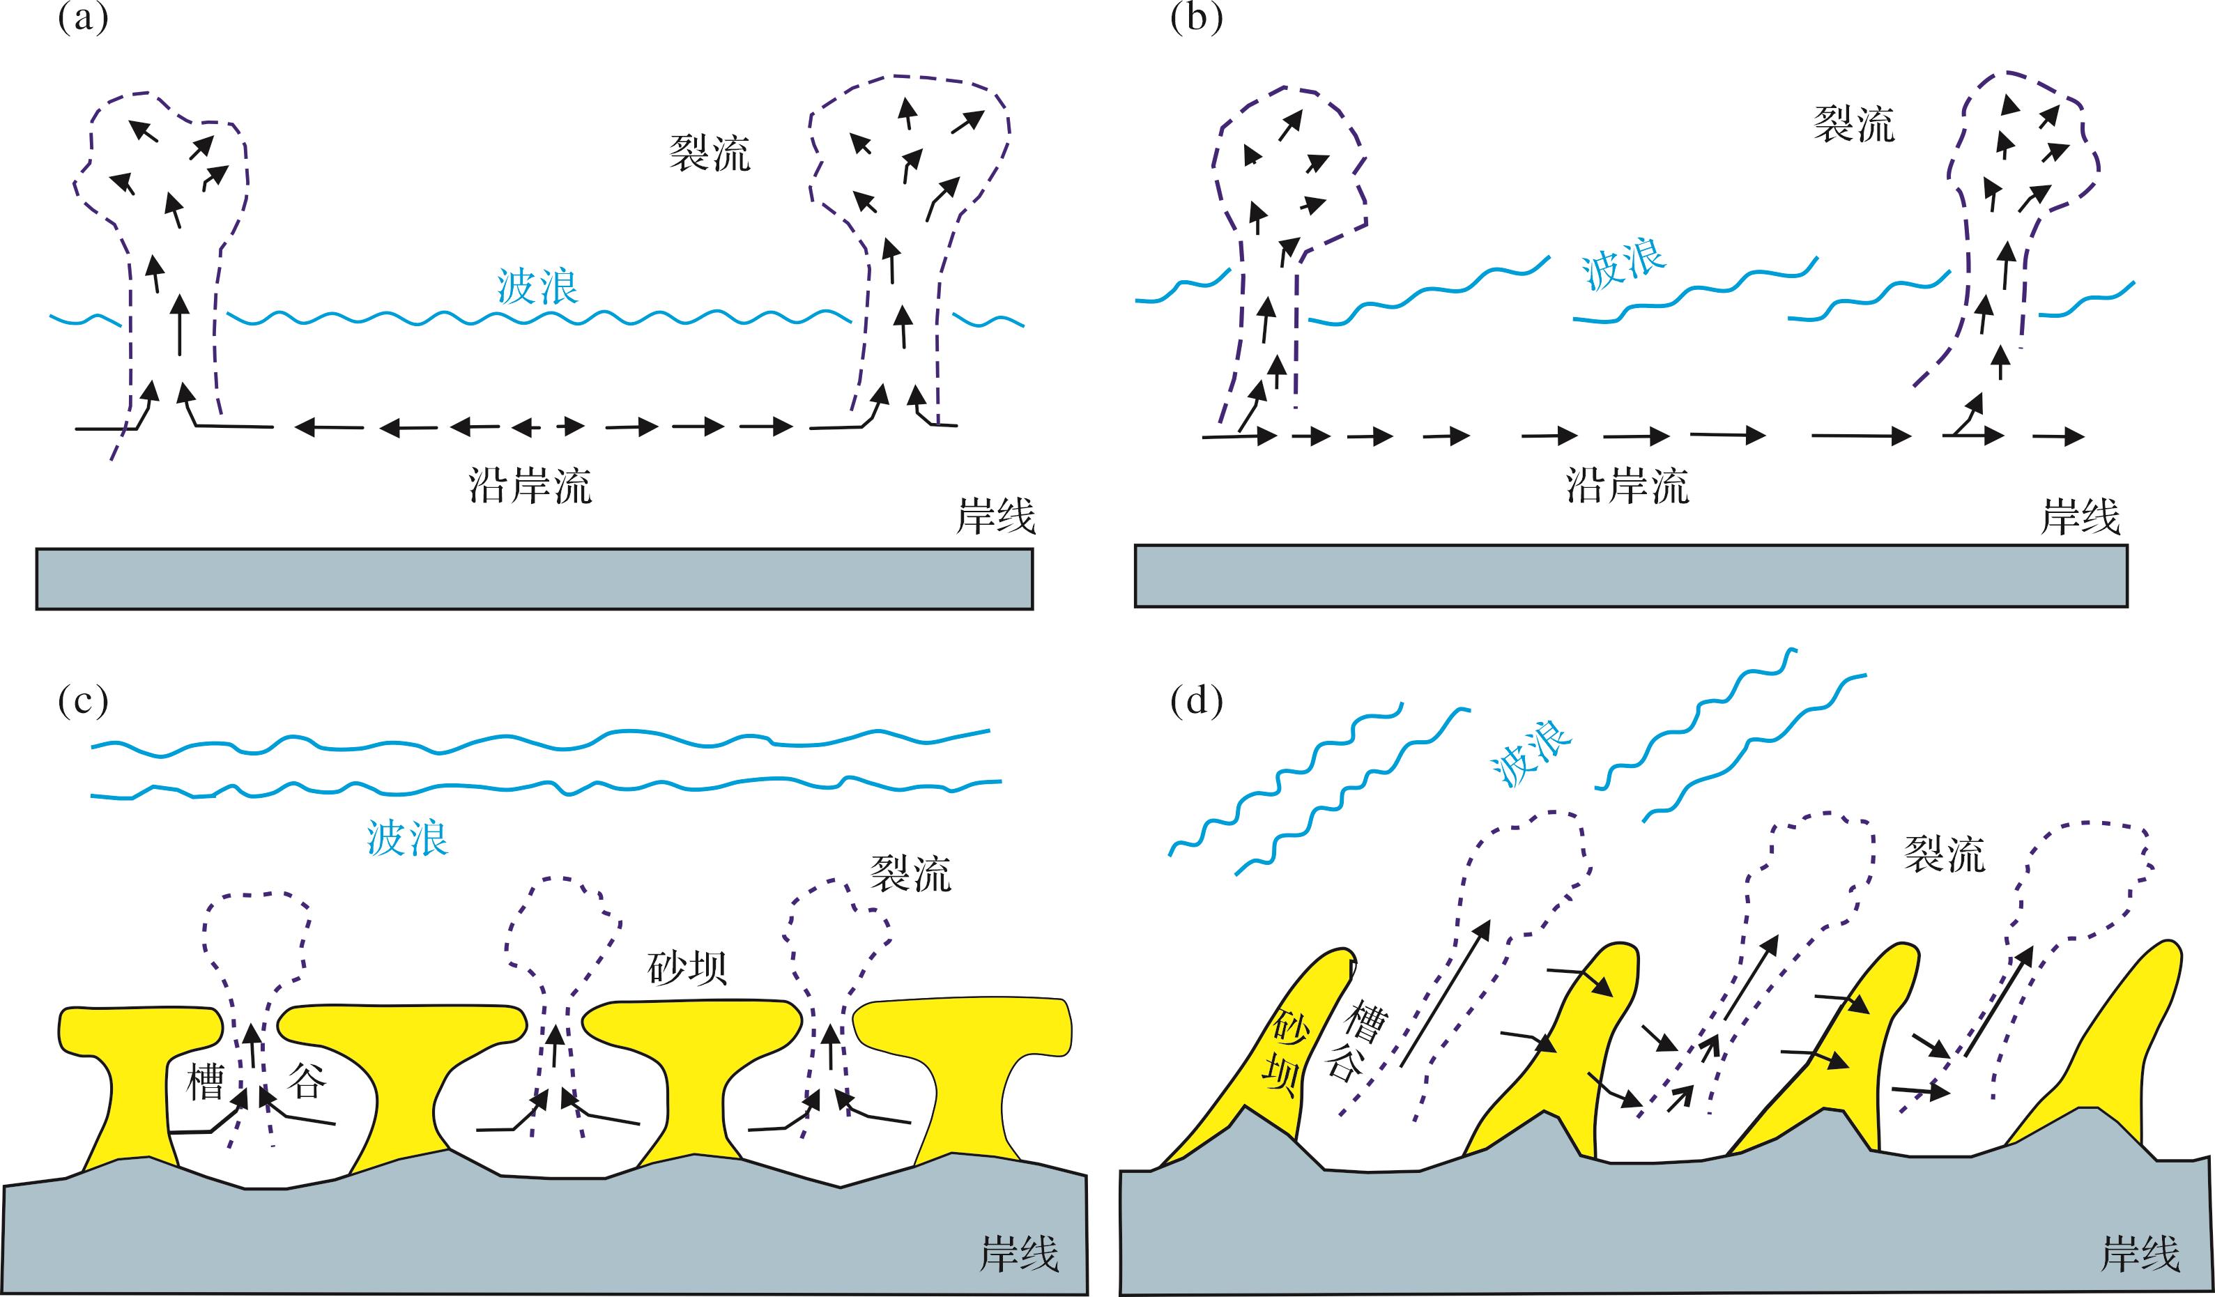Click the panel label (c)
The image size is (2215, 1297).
83,700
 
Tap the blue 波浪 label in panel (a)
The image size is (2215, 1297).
537,286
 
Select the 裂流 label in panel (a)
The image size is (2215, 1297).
710,154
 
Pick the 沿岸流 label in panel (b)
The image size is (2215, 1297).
1627,485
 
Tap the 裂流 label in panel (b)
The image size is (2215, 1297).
1854,125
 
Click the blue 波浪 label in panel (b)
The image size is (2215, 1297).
1623,266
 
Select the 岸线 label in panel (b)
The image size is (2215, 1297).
2080,518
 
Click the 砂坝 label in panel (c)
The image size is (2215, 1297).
687,967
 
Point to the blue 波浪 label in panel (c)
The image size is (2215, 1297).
408,838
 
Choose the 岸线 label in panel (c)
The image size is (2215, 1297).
1019,1253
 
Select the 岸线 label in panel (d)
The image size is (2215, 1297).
2140,1253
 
